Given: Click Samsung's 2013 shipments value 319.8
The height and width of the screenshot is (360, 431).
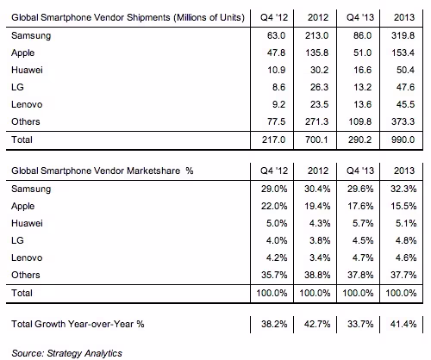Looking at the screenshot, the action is (x=403, y=35).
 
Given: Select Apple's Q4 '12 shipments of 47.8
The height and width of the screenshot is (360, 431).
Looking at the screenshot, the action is (x=276, y=53).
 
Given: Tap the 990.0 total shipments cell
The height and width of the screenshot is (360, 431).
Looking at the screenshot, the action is (x=403, y=140).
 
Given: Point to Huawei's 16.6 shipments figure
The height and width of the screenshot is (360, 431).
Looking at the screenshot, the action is (x=362, y=70).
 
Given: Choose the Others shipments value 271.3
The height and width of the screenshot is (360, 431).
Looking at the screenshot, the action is (x=316, y=121).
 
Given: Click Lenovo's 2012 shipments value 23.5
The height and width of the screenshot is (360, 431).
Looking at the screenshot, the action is (x=319, y=104).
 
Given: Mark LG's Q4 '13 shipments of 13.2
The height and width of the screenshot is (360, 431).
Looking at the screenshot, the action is (x=362, y=87).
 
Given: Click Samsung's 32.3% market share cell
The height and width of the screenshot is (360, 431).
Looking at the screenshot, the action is (x=403, y=189).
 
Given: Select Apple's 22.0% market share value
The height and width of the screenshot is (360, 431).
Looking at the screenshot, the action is (x=274, y=206).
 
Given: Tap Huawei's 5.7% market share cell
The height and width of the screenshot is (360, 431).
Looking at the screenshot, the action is (x=363, y=223).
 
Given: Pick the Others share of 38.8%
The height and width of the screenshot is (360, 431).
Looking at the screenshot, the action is (x=317, y=275).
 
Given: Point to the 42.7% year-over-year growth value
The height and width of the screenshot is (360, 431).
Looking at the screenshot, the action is (x=317, y=324).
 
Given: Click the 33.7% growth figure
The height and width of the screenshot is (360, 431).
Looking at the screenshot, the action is (x=360, y=324).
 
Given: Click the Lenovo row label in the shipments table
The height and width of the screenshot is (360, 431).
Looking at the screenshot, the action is (x=27, y=104).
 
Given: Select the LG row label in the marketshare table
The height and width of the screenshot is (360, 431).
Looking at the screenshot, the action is (x=17, y=240).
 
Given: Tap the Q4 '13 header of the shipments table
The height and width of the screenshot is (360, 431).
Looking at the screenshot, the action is (x=360, y=17).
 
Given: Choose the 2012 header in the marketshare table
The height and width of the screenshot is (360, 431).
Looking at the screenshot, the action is (x=318, y=171).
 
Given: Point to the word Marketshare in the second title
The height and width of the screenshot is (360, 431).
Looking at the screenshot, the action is (x=153, y=171).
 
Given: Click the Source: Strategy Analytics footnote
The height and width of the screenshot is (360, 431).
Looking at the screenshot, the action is (x=66, y=353).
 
